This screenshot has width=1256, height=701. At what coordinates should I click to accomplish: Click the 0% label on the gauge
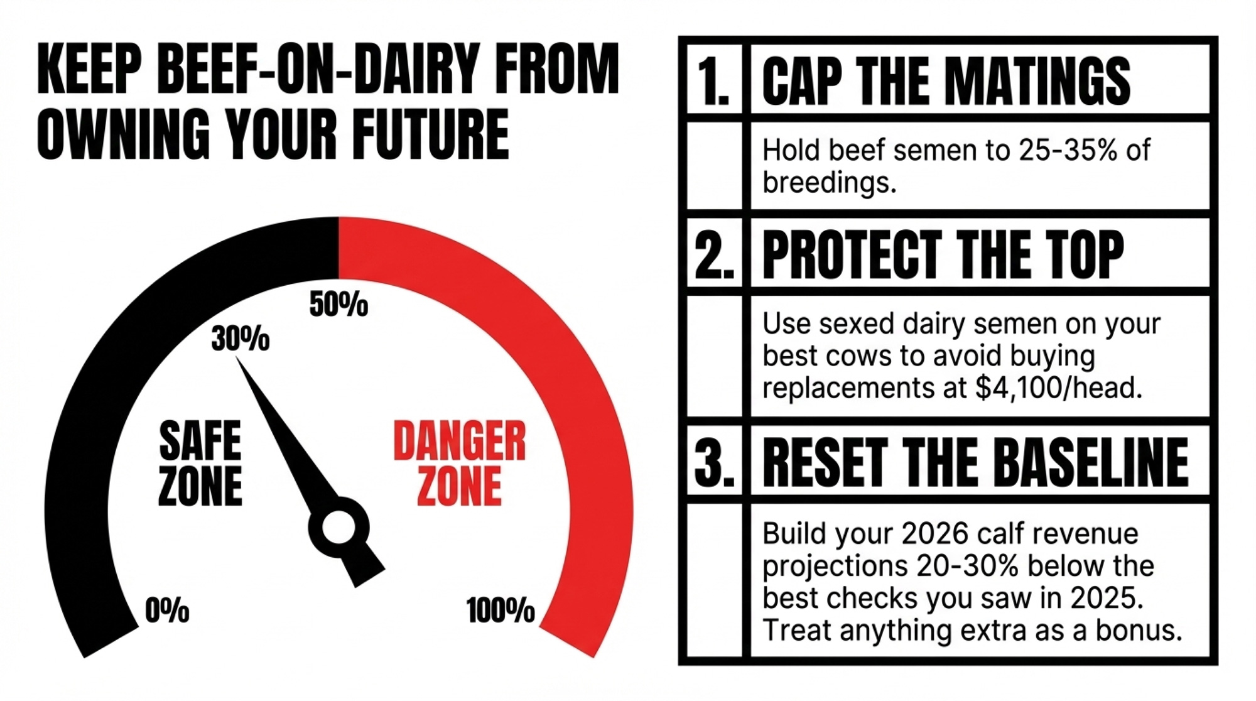click(x=167, y=610)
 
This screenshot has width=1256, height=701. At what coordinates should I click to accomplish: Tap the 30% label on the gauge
click(x=241, y=339)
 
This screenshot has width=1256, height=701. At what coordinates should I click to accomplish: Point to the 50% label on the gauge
click(x=338, y=305)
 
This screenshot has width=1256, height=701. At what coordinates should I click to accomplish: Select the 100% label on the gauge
click(x=501, y=611)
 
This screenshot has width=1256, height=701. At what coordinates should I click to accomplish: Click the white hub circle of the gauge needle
click(x=338, y=527)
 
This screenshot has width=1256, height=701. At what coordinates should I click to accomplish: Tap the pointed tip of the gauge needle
click(x=237, y=358)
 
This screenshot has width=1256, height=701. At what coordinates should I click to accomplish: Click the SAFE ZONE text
click(x=200, y=464)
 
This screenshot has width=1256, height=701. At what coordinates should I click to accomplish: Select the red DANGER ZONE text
click(x=460, y=464)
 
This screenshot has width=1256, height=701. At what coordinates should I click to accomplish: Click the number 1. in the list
click(x=713, y=82)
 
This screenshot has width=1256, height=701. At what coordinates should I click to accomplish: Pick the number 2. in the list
click(x=715, y=254)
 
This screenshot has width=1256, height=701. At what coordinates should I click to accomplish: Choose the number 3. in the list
click(x=715, y=462)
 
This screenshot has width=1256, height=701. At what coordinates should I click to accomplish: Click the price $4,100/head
click(x=1059, y=388)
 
